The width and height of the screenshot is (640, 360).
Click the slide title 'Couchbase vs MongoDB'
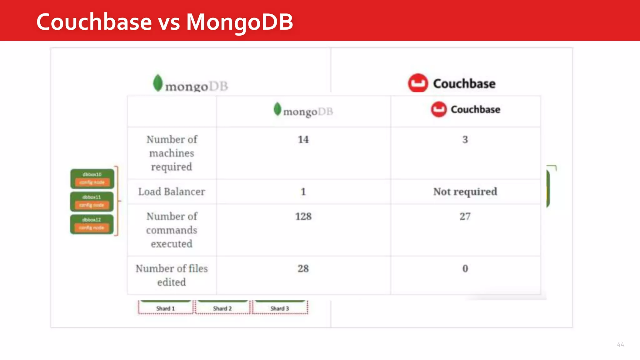(x=164, y=22)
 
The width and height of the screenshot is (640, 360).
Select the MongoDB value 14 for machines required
(x=303, y=139)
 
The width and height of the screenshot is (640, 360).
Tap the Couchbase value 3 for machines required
(x=465, y=139)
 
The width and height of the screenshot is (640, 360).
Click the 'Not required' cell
(x=465, y=191)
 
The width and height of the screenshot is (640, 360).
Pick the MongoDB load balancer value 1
(x=303, y=191)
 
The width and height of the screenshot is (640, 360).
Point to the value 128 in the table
(x=303, y=216)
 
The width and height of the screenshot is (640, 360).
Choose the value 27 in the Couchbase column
(x=465, y=216)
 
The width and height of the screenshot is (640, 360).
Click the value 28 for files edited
(x=303, y=268)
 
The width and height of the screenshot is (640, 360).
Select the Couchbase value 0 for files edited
(x=465, y=268)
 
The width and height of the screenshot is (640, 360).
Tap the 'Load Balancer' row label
(x=172, y=191)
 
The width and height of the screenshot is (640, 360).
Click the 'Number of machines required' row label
(x=172, y=153)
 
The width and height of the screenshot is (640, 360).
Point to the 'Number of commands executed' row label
(x=172, y=230)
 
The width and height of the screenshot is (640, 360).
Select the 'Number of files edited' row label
(x=172, y=275)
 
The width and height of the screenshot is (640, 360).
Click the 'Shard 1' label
(x=165, y=308)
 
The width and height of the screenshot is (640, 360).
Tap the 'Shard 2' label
(x=222, y=308)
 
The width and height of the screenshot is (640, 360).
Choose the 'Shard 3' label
(x=279, y=308)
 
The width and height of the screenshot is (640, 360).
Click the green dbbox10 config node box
(x=92, y=178)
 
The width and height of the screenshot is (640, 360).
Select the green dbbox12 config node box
(x=92, y=224)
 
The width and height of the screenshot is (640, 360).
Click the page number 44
(x=620, y=345)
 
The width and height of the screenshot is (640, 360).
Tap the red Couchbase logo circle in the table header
(x=439, y=109)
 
